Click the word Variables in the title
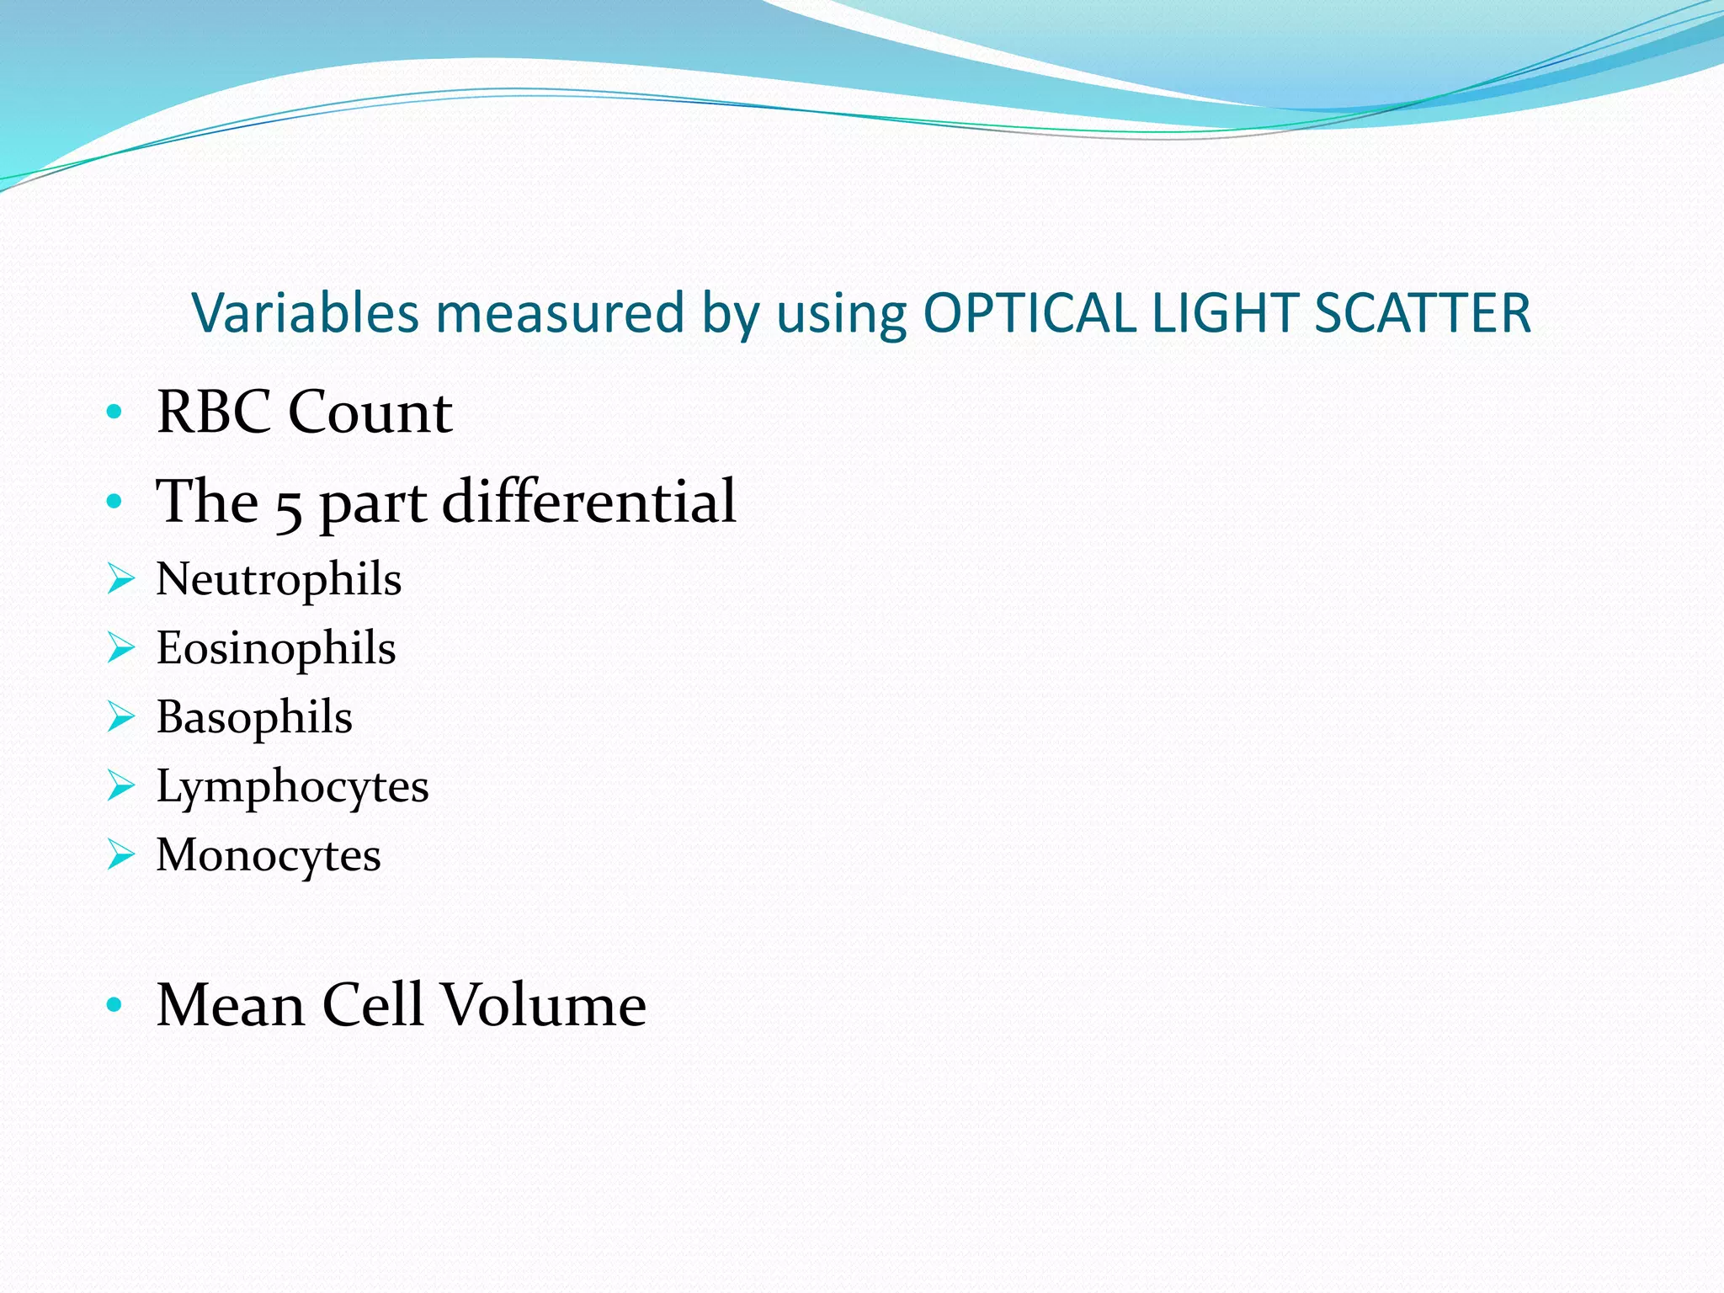coord(305,313)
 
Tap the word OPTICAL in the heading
coord(1029,313)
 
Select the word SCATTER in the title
coord(1422,313)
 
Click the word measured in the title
coord(560,313)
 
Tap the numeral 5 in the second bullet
coord(289,505)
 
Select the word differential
coord(589,501)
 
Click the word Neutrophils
coord(279,579)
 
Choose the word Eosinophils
coord(276,648)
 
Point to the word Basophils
coord(254,717)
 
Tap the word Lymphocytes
coord(292,787)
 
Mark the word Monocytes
coord(269,855)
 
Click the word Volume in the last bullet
coord(544,1004)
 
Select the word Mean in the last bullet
coord(231,1004)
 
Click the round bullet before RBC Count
coord(114,412)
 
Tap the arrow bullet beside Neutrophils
coord(121,579)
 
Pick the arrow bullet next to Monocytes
coord(121,855)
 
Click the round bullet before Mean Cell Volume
coord(114,1004)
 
